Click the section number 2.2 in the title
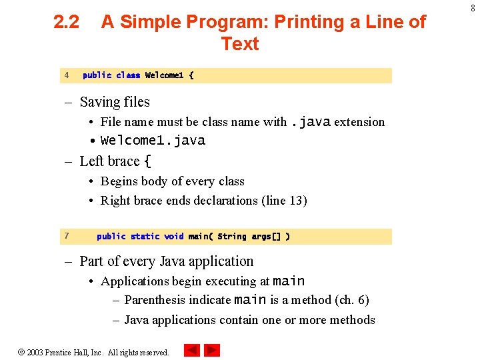(x=66, y=23)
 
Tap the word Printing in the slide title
(x=296, y=23)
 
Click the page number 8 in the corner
(x=471, y=7)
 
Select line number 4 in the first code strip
(x=67, y=75)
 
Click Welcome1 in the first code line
(x=164, y=75)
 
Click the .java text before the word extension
(x=310, y=121)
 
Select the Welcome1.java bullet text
(x=153, y=141)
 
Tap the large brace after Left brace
(x=148, y=161)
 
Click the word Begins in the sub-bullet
(x=121, y=181)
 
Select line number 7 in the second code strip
(x=67, y=236)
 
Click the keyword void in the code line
(x=174, y=237)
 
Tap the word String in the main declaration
(x=231, y=237)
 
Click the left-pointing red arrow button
(x=191, y=350)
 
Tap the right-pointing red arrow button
(x=212, y=350)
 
